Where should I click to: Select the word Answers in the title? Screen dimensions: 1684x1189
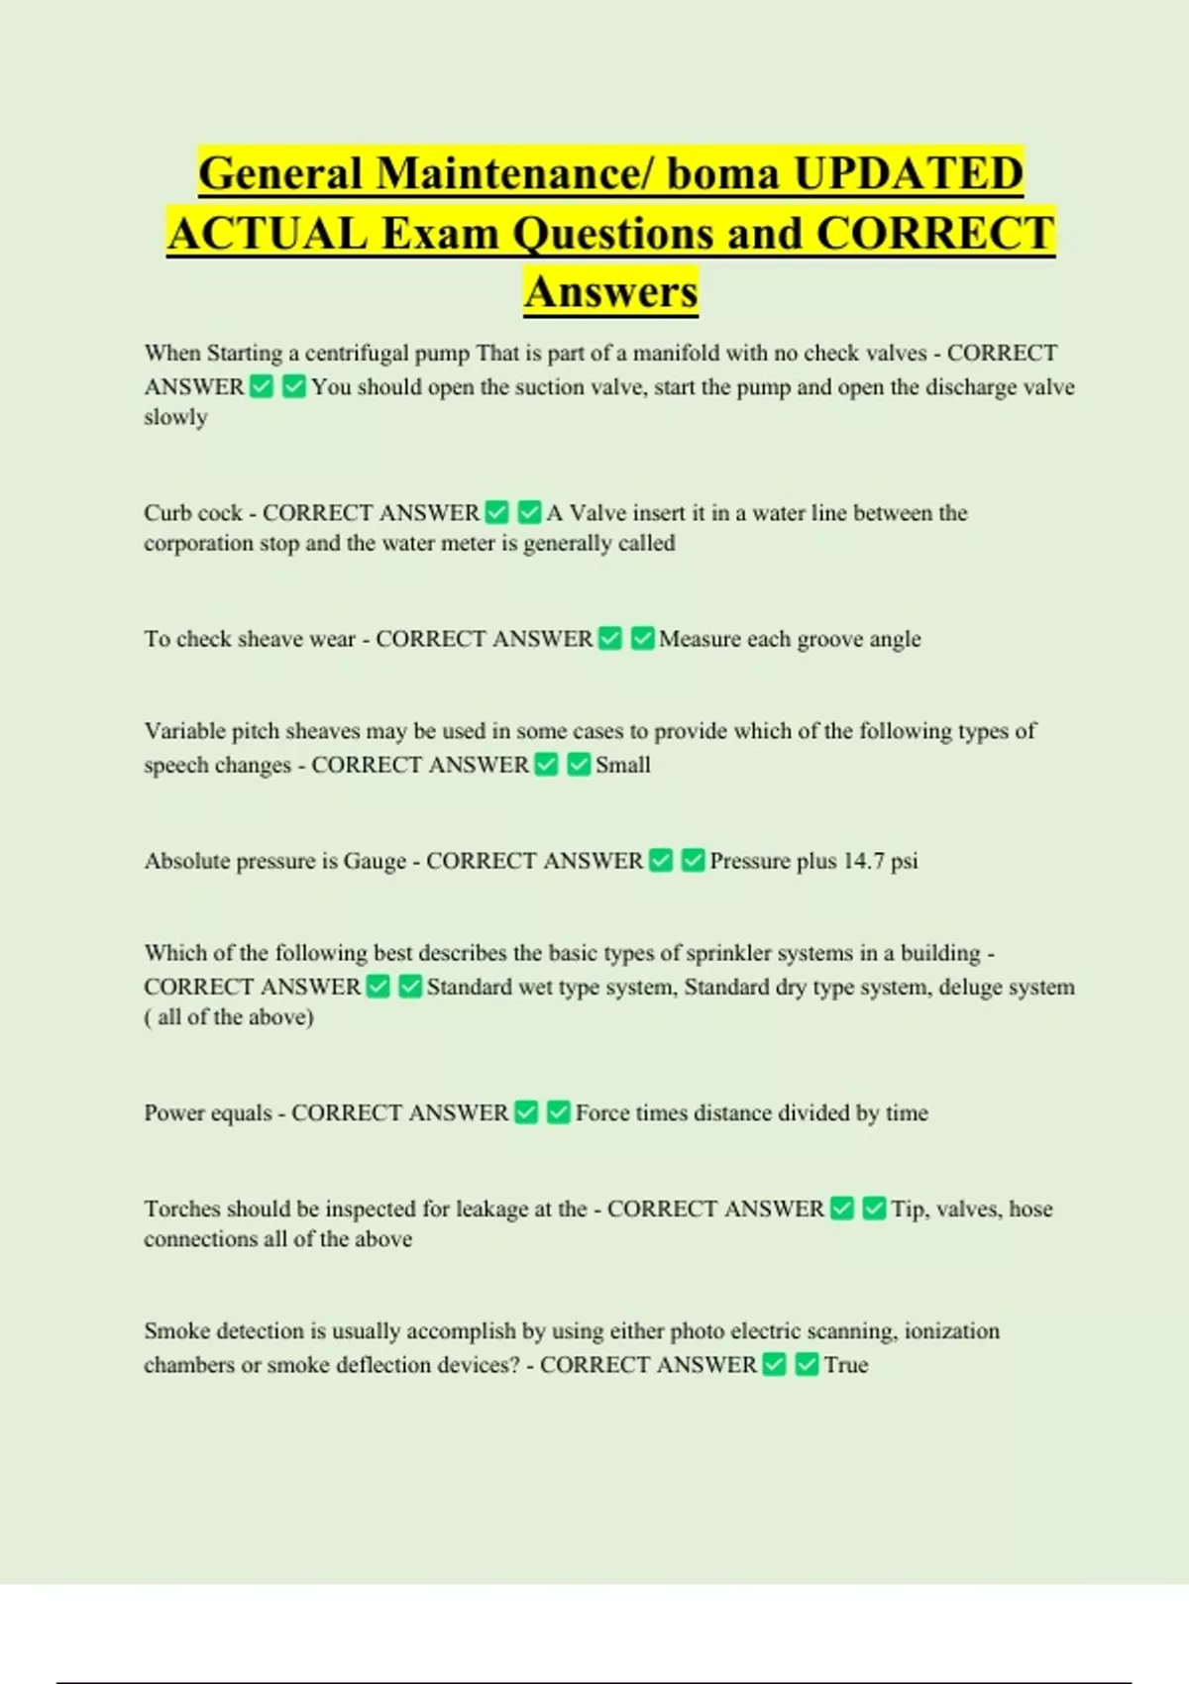[611, 292]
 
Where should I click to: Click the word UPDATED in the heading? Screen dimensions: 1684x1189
[909, 173]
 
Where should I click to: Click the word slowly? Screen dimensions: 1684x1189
[175, 417]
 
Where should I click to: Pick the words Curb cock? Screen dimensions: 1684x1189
[193, 513]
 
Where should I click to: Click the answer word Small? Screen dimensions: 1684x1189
[623, 765]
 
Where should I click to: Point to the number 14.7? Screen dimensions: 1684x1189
[864, 861]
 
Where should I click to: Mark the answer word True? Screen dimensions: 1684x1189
[846, 1365]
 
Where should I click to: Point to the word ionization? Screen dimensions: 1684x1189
[952, 1331]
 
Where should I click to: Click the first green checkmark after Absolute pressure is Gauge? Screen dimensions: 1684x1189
[661, 861]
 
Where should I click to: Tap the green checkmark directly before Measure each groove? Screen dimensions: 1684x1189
[642, 639]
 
